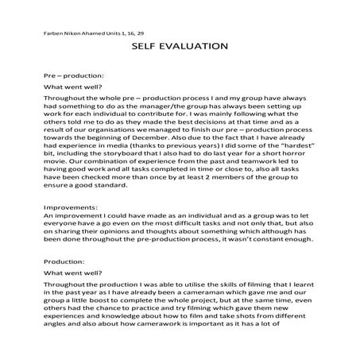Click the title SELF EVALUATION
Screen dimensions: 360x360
[x=179, y=47]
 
